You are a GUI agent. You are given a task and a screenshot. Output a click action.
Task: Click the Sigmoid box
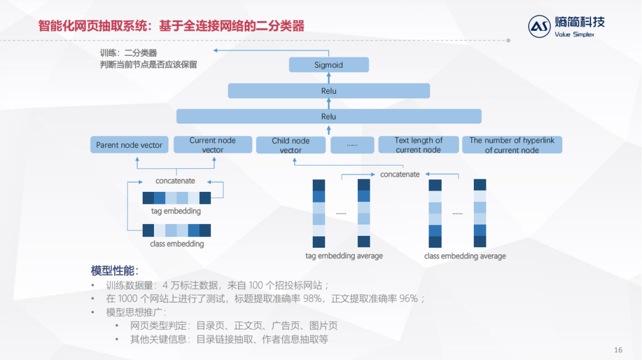point(329,65)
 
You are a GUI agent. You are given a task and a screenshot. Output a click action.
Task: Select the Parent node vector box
point(130,145)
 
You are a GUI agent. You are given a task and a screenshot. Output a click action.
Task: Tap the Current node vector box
point(212,145)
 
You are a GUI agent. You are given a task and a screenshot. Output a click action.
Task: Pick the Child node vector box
point(291,145)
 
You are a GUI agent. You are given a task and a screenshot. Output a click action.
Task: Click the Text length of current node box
point(418,145)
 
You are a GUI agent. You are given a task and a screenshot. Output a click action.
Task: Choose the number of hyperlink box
point(512,145)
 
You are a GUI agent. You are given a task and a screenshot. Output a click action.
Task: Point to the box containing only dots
point(352,145)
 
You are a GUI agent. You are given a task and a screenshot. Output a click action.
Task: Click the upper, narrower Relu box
point(329,91)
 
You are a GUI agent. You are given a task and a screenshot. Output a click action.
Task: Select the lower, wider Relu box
point(329,116)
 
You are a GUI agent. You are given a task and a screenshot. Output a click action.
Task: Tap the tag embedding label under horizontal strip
point(176,211)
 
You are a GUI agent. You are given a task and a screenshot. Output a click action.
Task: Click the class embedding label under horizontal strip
point(177,244)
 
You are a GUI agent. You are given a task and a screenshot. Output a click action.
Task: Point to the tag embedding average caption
point(344,256)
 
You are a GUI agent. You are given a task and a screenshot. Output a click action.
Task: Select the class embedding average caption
point(465,256)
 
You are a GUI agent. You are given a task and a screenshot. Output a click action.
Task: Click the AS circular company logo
point(540,27)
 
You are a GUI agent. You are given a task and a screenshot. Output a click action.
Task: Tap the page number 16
point(618,349)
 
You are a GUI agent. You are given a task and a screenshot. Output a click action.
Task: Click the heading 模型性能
point(114,270)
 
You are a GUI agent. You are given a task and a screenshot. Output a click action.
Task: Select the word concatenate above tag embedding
point(175,181)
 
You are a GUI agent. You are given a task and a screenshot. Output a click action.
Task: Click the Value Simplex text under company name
point(574,34)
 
